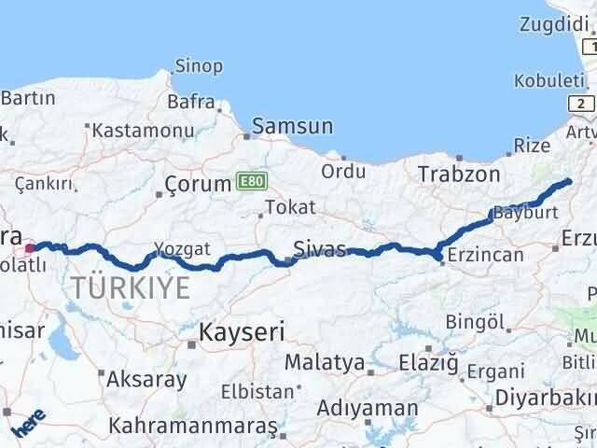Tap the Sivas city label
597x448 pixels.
(319, 248)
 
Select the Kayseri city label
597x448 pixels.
(243, 330)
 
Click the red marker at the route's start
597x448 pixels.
(29, 248)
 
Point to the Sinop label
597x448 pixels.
(199, 66)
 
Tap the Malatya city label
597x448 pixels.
(324, 361)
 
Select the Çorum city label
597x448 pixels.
(197, 184)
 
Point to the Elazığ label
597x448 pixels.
(428, 360)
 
